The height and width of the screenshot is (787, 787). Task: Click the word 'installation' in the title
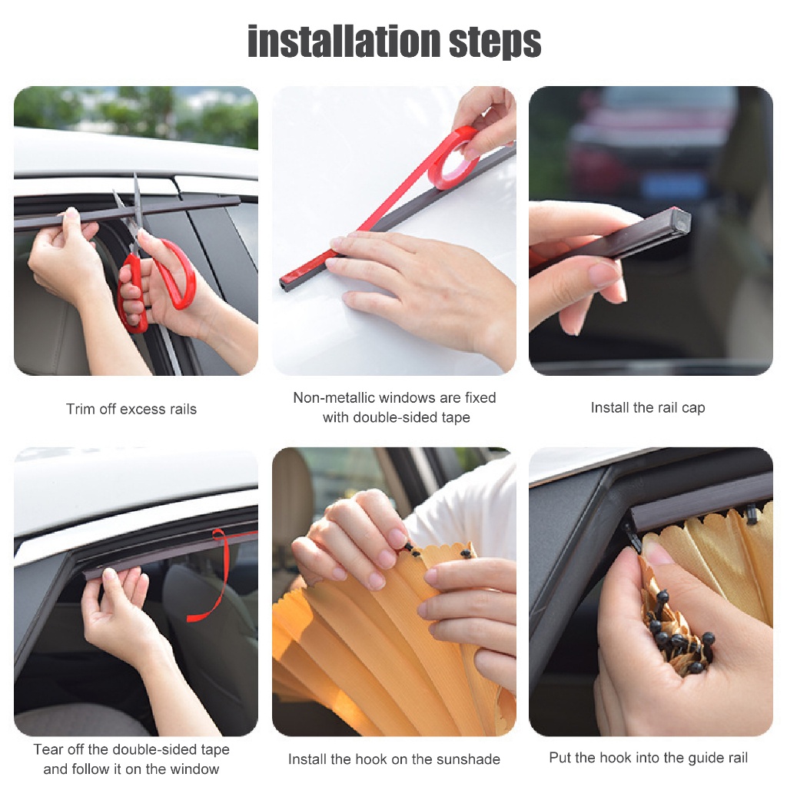pos(344,42)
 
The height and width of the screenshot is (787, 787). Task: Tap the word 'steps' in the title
pos(495,44)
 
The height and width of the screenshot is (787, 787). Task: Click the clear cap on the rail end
pos(681,220)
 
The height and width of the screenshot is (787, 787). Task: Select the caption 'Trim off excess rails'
pos(131,409)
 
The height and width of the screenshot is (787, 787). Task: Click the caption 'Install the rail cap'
pos(648,407)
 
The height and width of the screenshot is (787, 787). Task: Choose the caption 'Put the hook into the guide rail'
pos(649,757)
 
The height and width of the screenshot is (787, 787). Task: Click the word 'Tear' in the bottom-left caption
pos(48,749)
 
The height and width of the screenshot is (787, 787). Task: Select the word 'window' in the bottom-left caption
pos(194,769)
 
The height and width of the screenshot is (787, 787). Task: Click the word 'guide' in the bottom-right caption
pos(682,758)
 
